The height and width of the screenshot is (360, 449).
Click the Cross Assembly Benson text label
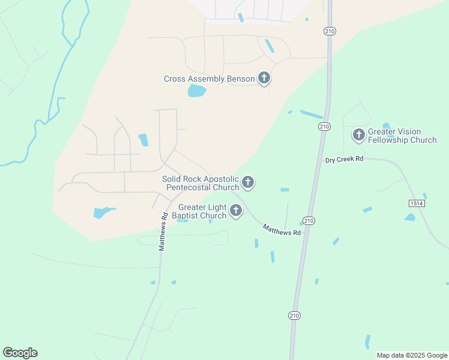click(209, 79)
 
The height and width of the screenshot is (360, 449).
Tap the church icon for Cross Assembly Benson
click(264, 78)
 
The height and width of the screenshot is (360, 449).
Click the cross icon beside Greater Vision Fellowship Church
click(359, 135)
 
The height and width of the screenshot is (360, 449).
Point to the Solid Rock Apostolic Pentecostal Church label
click(200, 183)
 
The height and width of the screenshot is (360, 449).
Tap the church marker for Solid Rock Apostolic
click(247, 182)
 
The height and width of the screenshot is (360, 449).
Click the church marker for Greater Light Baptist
click(236, 211)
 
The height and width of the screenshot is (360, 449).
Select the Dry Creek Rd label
click(345, 160)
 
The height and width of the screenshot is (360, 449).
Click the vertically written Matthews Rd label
click(162, 232)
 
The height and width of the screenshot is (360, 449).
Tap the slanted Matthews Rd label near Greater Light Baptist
click(282, 229)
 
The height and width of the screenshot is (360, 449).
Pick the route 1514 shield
click(417, 203)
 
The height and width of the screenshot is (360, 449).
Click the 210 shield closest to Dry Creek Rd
click(324, 126)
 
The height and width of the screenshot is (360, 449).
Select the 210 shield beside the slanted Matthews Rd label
click(309, 221)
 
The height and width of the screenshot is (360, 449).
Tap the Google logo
click(20, 353)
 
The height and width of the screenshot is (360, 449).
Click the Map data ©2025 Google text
click(412, 355)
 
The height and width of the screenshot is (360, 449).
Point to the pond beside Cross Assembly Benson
click(196, 91)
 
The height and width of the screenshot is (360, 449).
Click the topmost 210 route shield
click(330, 31)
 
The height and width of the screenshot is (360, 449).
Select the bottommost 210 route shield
click(294, 316)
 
